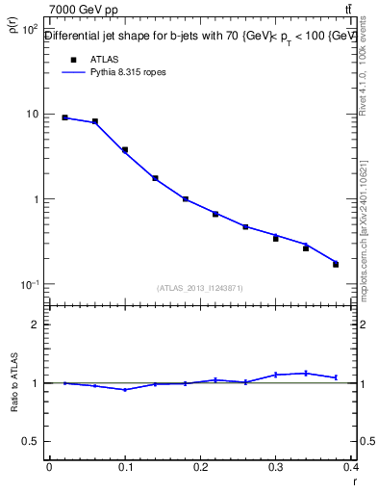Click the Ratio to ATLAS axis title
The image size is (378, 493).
coord(14,385)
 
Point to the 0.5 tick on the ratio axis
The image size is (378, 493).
coord(31,442)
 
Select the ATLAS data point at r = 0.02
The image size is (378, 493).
coord(64,117)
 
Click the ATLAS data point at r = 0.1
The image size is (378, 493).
coord(125,150)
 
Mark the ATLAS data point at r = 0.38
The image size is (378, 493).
coord(336,264)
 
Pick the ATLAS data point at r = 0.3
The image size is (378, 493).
coord(275,238)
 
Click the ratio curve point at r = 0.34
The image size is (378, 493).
coord(306,373)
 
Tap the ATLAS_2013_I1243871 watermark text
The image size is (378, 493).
coord(199,288)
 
